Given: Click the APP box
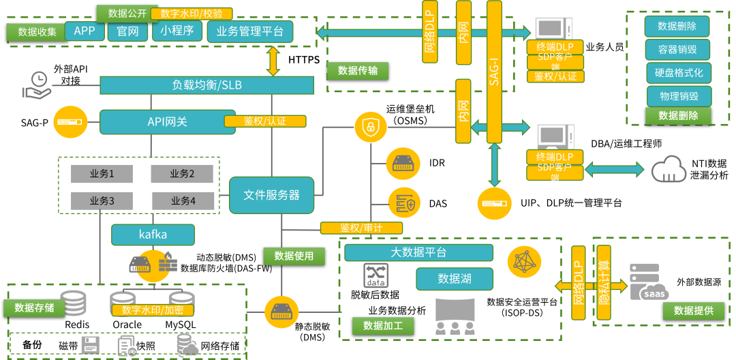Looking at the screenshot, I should (x=85, y=31).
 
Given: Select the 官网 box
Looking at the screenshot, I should (x=127, y=31).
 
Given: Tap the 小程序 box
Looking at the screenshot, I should (x=177, y=31).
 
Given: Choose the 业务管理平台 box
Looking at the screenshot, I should (x=250, y=31).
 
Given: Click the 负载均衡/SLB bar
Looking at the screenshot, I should (x=206, y=85).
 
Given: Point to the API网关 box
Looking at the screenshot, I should (x=168, y=122).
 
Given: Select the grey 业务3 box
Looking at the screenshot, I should (x=102, y=201).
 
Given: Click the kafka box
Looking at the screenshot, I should (x=153, y=235).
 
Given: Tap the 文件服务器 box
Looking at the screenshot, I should (x=271, y=195).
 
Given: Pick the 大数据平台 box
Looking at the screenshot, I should (x=418, y=252).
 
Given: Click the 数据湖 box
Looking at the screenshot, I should (x=455, y=278).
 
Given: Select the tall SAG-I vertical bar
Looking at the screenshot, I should (x=494, y=72).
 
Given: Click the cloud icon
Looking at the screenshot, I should (x=669, y=169).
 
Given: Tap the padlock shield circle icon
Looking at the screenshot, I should (x=370, y=126).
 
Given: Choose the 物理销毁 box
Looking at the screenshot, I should (x=679, y=96).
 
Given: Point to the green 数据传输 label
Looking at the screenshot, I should (x=358, y=70).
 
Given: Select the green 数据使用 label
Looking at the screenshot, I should (x=294, y=256).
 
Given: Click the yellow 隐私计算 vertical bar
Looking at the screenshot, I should (x=604, y=283).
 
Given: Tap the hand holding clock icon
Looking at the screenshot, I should (x=37, y=85).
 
